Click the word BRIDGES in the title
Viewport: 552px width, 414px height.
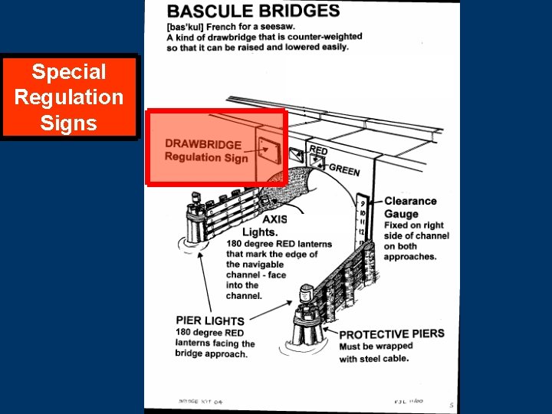pyautogui.click(x=299, y=11)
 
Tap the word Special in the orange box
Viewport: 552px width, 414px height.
pyautogui.click(x=69, y=72)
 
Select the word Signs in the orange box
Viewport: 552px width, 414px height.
pyautogui.click(x=69, y=123)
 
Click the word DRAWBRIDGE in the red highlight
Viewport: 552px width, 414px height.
pyautogui.click(x=203, y=144)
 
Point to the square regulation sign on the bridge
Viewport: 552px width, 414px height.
pyautogui.click(x=268, y=151)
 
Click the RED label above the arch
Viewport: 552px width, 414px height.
pyautogui.click(x=317, y=150)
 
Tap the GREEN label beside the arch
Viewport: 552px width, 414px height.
pyautogui.click(x=343, y=169)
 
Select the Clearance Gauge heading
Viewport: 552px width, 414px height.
pyautogui.click(x=410, y=208)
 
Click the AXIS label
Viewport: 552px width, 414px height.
pyautogui.click(x=274, y=219)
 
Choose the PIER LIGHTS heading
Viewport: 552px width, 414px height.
pyautogui.click(x=210, y=320)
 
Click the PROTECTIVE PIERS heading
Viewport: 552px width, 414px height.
pyautogui.click(x=391, y=334)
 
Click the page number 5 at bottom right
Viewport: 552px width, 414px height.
pyautogui.click(x=452, y=406)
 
